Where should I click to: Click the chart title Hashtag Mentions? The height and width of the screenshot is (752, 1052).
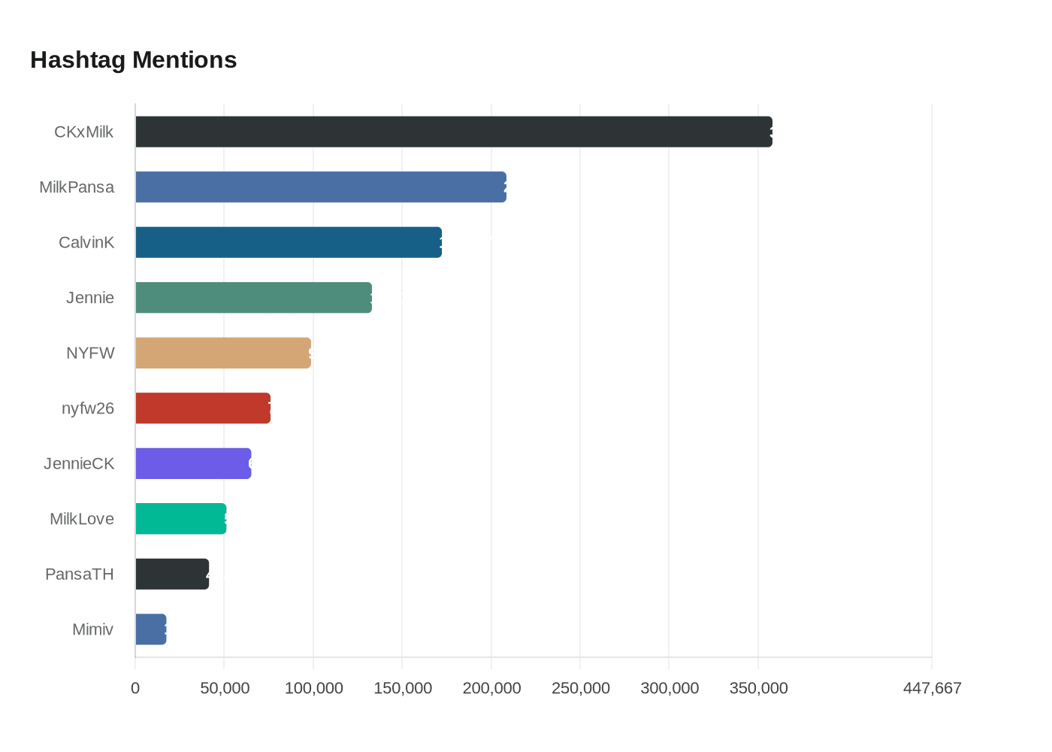click(133, 60)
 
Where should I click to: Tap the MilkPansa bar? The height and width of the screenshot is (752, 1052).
click(320, 187)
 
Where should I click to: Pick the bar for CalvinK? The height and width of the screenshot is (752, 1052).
click(288, 242)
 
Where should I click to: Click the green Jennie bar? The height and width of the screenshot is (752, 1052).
click(253, 298)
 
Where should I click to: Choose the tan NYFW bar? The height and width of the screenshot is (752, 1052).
click(222, 353)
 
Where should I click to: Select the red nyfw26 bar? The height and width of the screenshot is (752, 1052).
click(202, 408)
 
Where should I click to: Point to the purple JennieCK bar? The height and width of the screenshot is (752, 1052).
click(193, 463)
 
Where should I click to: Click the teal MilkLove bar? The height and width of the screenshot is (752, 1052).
click(180, 519)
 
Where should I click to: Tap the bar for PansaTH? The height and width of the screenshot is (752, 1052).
click(172, 574)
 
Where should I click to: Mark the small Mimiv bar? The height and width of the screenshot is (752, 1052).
click(150, 629)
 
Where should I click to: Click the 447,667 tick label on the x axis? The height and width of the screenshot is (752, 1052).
click(932, 688)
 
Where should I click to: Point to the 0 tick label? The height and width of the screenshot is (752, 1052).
click(135, 688)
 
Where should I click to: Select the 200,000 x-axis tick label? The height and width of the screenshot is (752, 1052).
click(491, 688)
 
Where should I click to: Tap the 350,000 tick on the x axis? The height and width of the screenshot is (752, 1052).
click(758, 688)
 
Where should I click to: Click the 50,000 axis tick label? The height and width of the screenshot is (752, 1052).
click(225, 688)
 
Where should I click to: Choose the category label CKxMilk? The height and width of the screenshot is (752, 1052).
click(83, 132)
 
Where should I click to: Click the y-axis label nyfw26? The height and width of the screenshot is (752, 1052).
click(88, 408)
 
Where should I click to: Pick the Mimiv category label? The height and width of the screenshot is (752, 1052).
click(92, 629)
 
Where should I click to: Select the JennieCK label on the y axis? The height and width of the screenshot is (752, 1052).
click(79, 464)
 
